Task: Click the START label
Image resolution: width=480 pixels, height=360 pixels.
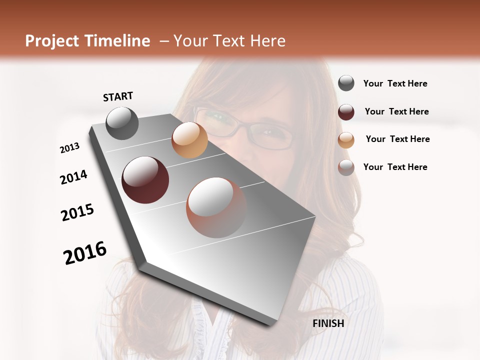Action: pyautogui.click(x=118, y=96)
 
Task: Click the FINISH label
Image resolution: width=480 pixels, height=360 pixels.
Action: pyautogui.click(x=328, y=323)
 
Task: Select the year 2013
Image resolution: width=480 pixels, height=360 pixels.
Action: pyautogui.click(x=69, y=148)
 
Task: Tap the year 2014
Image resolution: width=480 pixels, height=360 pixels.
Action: pyautogui.click(x=73, y=177)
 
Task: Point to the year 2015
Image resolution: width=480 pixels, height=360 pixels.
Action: pyautogui.click(x=77, y=212)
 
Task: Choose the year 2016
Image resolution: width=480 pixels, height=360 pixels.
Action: pyautogui.click(x=85, y=253)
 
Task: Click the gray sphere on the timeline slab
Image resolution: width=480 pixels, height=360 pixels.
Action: pyautogui.click(x=122, y=123)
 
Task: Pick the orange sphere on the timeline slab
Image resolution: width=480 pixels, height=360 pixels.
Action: pyautogui.click(x=189, y=140)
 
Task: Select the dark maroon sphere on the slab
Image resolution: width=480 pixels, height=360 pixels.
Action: pyautogui.click(x=145, y=180)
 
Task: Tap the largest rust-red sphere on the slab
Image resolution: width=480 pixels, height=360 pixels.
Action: pyautogui.click(x=216, y=207)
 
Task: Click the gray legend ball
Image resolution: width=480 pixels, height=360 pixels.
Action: pyautogui.click(x=346, y=83)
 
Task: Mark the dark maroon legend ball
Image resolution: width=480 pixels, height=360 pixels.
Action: pyautogui.click(x=346, y=112)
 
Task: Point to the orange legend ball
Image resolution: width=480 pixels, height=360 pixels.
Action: pyautogui.click(x=346, y=140)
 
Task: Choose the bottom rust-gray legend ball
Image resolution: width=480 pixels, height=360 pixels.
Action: pyautogui.click(x=346, y=167)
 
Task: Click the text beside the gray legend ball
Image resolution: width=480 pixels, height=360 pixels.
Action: pyautogui.click(x=395, y=83)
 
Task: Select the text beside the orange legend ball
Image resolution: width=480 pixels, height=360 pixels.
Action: pyautogui.click(x=397, y=139)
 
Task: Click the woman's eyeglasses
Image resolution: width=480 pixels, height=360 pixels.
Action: pyautogui.click(x=245, y=128)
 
